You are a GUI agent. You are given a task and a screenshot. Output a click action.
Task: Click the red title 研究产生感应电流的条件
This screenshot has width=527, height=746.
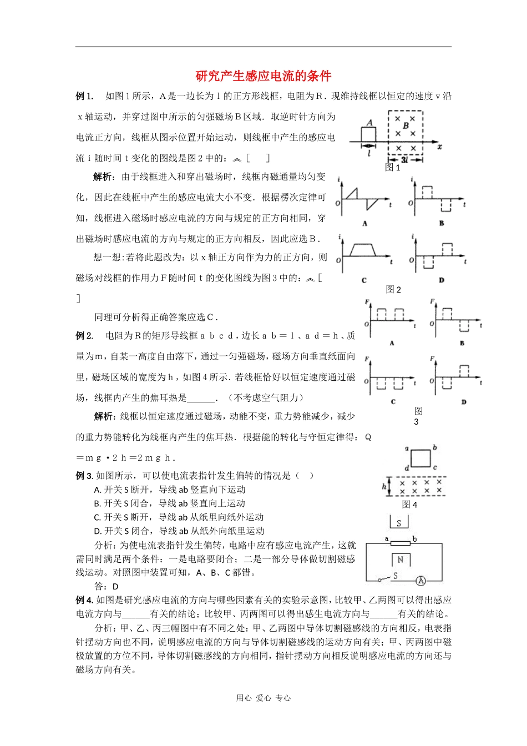[263, 76]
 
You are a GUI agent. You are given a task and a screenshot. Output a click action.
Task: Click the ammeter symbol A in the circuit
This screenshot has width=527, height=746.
[420, 581]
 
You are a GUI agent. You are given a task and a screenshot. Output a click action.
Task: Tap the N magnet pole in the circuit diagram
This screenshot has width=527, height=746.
[400, 559]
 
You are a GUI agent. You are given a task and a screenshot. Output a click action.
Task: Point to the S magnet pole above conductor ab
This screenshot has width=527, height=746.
[399, 523]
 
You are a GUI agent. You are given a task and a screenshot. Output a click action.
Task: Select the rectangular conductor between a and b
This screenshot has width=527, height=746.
[400, 542]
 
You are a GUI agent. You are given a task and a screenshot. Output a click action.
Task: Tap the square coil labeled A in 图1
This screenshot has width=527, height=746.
[369, 134]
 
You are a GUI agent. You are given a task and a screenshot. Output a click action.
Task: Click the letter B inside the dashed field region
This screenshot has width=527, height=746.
[406, 126]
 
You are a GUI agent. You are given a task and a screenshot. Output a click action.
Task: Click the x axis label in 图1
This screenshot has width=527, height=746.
[439, 147]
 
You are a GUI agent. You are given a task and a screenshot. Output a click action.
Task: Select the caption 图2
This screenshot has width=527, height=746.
[393, 289]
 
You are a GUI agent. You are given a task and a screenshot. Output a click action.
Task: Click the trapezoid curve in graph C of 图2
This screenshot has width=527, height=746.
[361, 249]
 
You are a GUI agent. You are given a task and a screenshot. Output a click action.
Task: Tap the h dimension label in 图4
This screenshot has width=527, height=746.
[384, 486]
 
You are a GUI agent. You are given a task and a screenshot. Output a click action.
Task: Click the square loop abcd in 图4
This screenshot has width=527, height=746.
[420, 458]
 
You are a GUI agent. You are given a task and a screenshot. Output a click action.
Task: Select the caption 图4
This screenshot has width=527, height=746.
[409, 504]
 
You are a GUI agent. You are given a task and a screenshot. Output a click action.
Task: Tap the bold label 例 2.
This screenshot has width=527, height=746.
[84, 336]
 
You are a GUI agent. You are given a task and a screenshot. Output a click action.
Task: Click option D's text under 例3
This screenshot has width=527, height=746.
[179, 531]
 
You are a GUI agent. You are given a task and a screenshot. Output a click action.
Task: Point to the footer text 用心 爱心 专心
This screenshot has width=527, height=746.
[263, 698]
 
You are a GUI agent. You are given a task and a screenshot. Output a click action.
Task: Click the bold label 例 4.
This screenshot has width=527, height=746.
[85, 600]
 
